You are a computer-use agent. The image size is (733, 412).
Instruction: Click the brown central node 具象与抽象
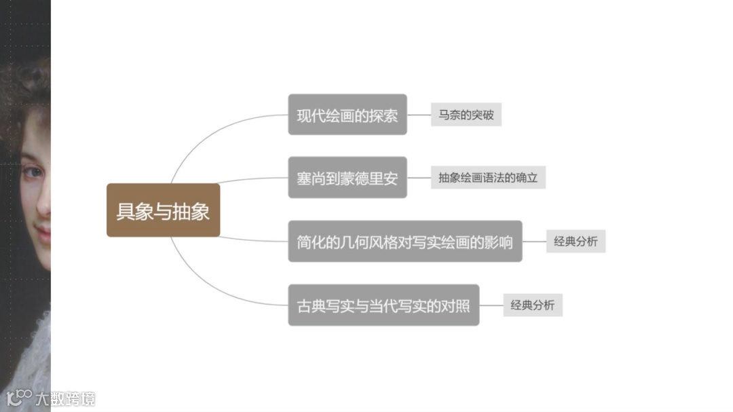click(x=163, y=210)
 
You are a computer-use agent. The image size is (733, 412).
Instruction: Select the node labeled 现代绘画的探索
click(x=347, y=115)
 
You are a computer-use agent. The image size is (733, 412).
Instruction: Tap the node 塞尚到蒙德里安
click(x=347, y=178)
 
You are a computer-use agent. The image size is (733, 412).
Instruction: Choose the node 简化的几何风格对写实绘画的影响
click(x=405, y=241)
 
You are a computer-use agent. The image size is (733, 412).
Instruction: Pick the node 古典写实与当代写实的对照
click(x=383, y=305)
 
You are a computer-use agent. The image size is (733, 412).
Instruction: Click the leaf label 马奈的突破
click(x=466, y=115)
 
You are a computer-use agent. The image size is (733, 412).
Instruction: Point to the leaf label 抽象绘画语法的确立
click(x=488, y=178)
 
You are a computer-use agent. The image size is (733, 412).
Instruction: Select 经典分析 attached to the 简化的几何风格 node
click(x=576, y=241)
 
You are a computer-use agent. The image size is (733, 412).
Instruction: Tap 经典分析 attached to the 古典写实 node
click(x=532, y=305)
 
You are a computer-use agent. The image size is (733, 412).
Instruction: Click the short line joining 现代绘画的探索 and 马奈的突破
click(x=419, y=115)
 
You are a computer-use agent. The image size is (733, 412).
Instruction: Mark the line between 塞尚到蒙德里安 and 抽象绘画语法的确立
click(x=419, y=178)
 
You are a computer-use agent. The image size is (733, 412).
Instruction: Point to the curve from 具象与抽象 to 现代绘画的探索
click(x=204, y=136)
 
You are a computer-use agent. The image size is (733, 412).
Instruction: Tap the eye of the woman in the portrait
click(x=33, y=172)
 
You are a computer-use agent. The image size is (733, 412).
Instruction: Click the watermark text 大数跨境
click(x=66, y=398)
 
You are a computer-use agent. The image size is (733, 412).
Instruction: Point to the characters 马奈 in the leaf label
click(x=449, y=115)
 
